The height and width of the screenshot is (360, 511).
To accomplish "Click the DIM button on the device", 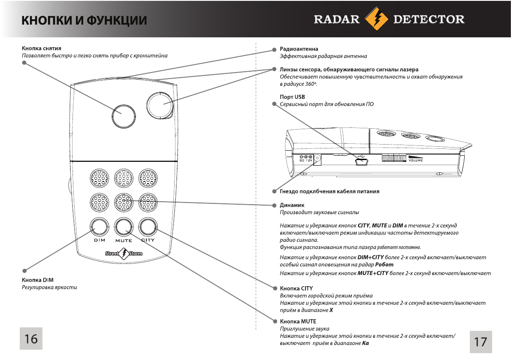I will (x=99, y=226).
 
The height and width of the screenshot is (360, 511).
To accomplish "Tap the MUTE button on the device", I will (x=124, y=226).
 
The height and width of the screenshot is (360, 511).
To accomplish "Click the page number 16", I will (x=30, y=339).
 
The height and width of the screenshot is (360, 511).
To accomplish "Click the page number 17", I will (x=481, y=342).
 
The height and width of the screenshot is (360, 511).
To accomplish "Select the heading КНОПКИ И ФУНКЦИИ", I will (x=84, y=20).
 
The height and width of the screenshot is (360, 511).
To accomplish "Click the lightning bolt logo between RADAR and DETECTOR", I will (x=376, y=20).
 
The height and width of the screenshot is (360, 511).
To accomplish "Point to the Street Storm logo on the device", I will (x=124, y=254).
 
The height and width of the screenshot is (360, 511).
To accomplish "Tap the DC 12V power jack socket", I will (x=317, y=159).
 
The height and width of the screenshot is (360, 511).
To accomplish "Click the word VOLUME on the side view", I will (x=415, y=160).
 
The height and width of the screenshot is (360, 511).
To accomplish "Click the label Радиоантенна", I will (x=299, y=49).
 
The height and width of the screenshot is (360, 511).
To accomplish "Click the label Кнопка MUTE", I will (x=298, y=321).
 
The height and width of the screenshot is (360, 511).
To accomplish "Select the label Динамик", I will (x=292, y=205).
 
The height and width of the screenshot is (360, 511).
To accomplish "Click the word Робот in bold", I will (x=384, y=265).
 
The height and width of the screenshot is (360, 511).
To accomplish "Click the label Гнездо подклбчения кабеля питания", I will (x=330, y=191).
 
